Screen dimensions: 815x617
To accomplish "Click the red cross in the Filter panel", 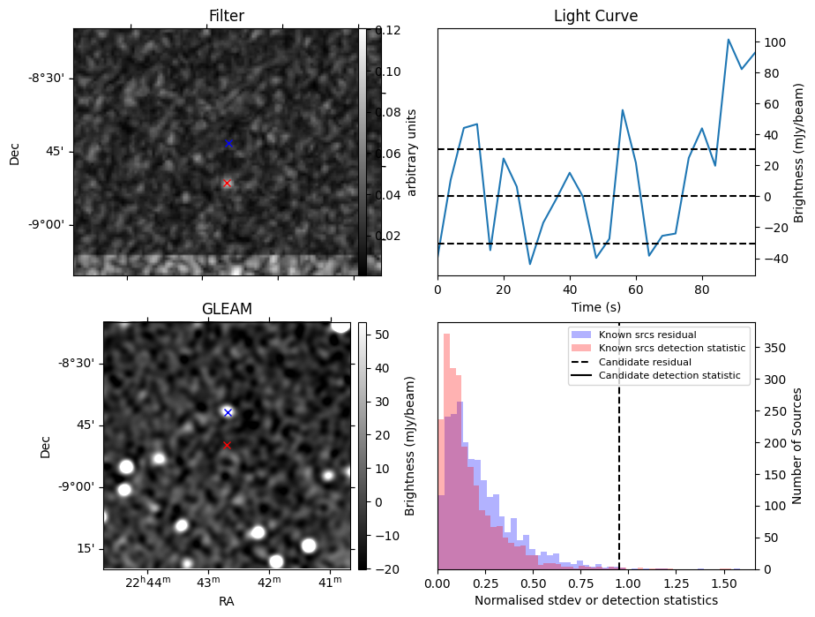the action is (x=227, y=183).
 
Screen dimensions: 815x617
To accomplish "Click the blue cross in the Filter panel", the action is (x=228, y=144).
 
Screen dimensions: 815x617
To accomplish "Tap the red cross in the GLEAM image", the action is (x=227, y=446).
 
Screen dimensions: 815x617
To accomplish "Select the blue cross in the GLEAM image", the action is (x=228, y=412).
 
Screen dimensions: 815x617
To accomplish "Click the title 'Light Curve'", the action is (x=595, y=16).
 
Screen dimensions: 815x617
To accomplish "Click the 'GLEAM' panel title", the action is (x=227, y=309).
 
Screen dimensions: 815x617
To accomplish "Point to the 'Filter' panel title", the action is (x=227, y=16).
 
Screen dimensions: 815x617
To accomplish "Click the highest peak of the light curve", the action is (x=729, y=40).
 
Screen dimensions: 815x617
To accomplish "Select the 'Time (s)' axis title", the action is (x=595, y=307).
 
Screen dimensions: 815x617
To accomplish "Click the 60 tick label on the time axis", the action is (x=636, y=290).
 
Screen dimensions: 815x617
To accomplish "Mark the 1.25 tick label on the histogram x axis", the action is (x=677, y=584).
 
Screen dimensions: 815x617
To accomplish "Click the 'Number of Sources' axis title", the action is (x=796, y=446).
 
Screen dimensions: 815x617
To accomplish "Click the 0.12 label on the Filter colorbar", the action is (x=388, y=30).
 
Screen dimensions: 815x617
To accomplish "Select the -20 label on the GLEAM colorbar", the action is (x=386, y=569).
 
